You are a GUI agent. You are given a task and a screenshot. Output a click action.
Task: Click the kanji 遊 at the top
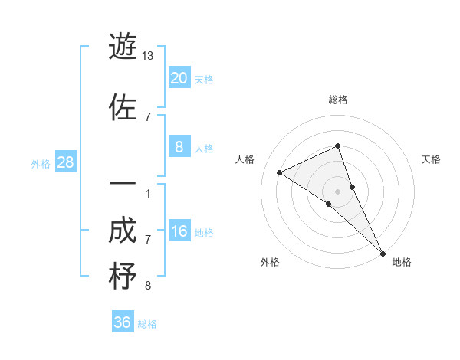pos(123,47)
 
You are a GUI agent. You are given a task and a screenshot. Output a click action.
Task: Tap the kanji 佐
pos(123,107)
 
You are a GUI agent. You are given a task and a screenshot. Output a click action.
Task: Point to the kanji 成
pos(123,231)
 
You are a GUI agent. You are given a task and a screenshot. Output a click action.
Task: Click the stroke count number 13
pos(149,56)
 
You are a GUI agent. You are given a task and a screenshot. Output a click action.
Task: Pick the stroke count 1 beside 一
pos(147,193)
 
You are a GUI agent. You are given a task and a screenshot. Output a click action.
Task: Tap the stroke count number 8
pos(148,286)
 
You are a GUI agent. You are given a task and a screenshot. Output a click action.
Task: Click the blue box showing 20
pos(179,78)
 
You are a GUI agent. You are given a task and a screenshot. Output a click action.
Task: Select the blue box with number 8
pos(179,147)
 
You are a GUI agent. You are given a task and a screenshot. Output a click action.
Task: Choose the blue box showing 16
pos(179,231)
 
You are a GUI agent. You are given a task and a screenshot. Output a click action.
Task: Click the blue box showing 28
pos(65,162)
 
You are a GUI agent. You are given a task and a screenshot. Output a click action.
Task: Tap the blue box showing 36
pos(123,322)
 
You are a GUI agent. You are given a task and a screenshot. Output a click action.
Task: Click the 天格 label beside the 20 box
pos(203,79)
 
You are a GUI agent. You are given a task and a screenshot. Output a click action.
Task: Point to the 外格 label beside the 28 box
pos(41,163)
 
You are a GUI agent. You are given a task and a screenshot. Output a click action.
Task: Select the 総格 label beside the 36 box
pos(147,323)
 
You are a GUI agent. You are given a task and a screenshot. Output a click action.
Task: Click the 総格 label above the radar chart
pos(337,100)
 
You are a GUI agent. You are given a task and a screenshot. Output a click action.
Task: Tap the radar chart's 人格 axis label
pos(245,159)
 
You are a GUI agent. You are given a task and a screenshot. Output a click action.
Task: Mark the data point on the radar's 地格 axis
pos(382,252)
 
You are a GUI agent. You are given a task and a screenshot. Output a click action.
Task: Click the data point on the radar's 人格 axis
pos(280,172)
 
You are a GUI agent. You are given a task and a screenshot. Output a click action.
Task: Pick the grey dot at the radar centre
pos(338,191)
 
